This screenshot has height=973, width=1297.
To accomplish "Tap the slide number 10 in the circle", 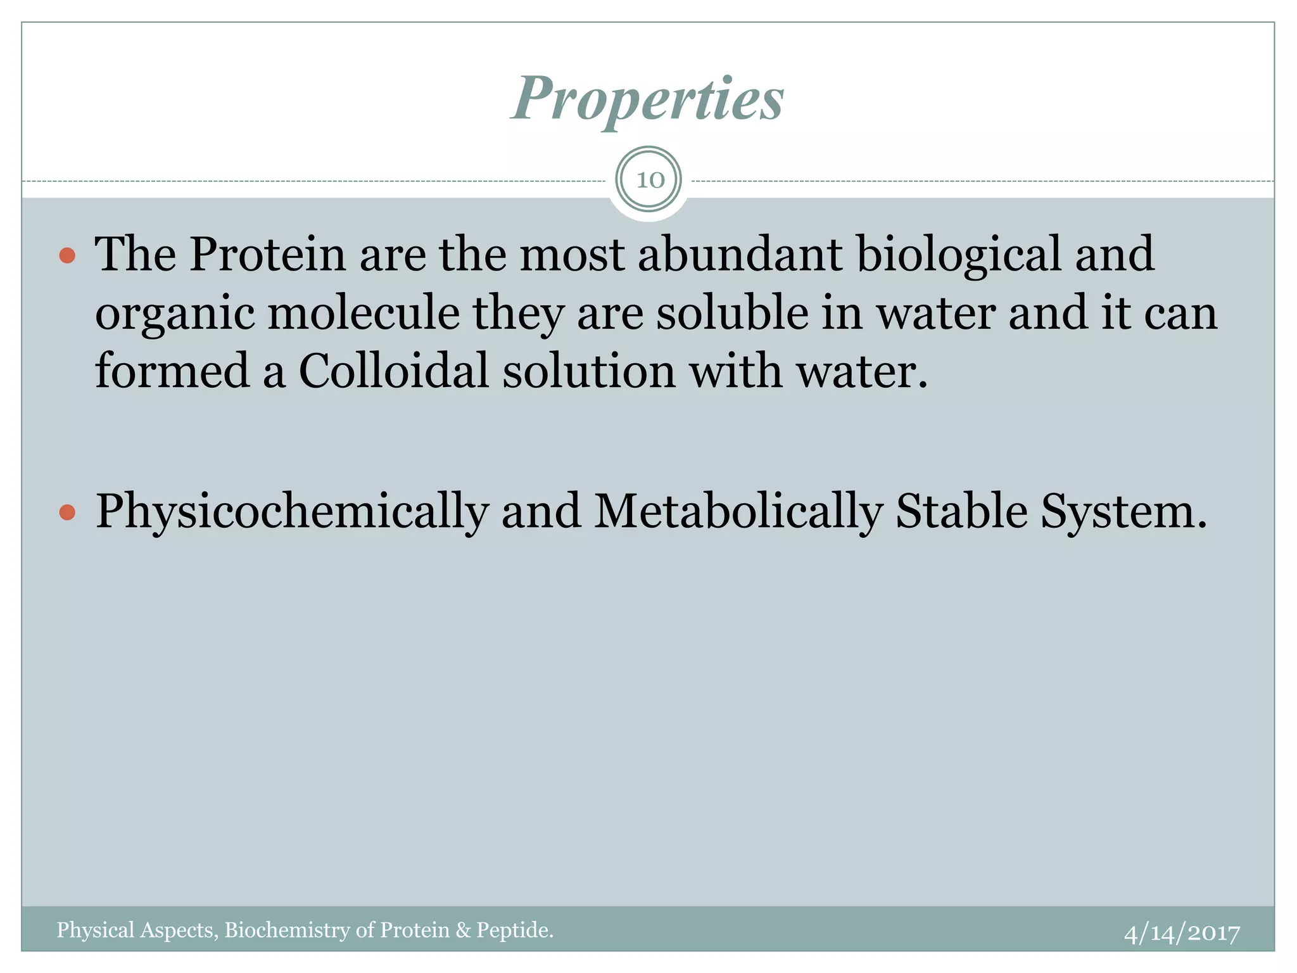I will point(649,180).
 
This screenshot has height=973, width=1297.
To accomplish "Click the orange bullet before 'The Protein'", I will point(67,256).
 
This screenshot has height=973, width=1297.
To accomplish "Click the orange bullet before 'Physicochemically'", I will point(67,512).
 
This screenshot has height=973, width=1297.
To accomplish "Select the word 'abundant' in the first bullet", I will point(740,254).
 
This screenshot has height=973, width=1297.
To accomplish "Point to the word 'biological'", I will point(958,254).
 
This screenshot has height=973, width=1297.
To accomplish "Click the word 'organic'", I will point(175,314).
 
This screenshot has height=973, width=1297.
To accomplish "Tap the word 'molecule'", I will point(364,313).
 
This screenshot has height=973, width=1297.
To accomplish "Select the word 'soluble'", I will point(731,313).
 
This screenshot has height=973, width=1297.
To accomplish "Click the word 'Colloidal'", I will point(393,371).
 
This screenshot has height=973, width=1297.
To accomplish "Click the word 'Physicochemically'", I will point(292,512).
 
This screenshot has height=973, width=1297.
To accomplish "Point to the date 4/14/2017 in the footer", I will point(1182,933).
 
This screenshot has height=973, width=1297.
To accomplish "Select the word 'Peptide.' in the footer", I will point(515,930).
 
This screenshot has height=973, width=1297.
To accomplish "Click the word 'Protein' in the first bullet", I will point(267,254).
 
